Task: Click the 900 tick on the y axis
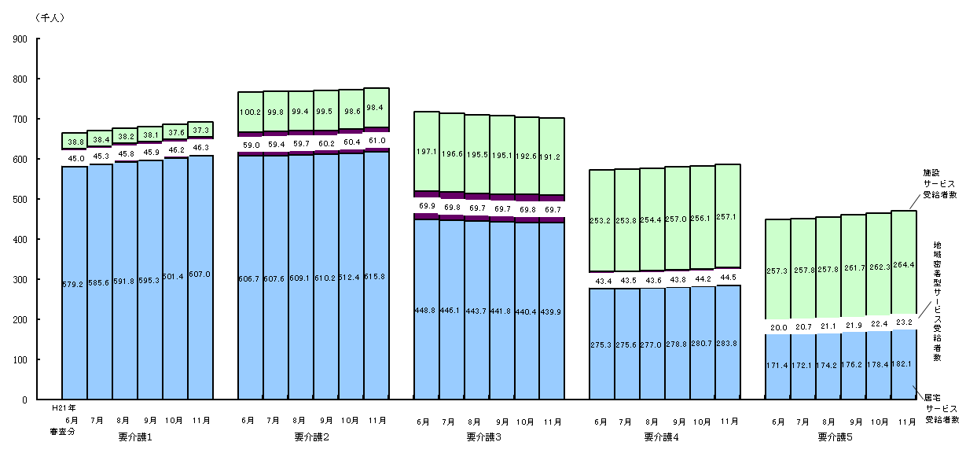click(20, 39)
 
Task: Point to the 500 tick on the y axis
click(20, 200)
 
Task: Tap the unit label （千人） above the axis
click(50, 18)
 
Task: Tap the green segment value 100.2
click(250, 112)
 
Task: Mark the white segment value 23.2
click(905, 322)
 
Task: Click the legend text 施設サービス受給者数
click(940, 182)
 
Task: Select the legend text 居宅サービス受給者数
click(940, 409)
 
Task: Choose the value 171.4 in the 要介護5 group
click(778, 366)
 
